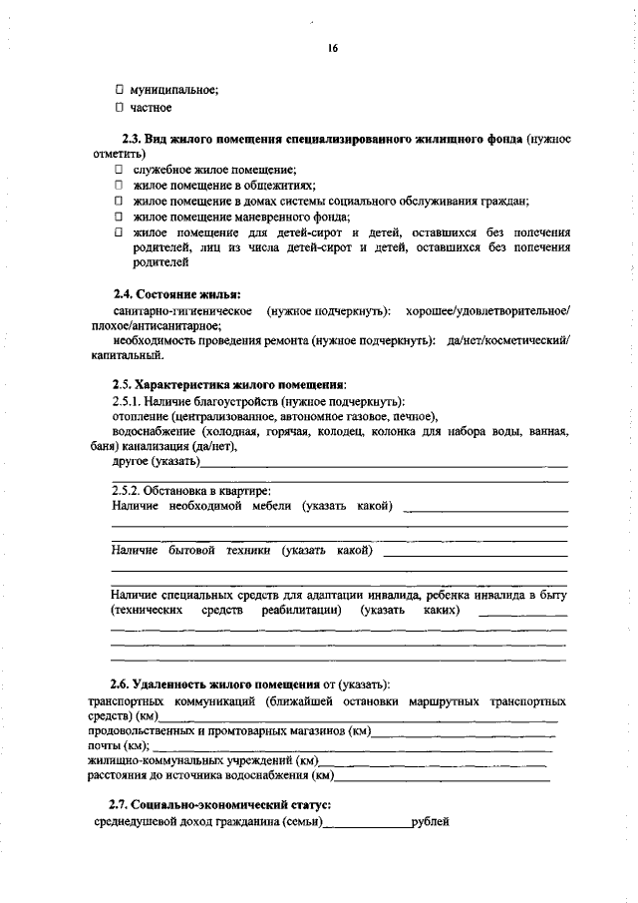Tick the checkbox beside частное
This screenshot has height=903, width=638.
pyautogui.click(x=119, y=107)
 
